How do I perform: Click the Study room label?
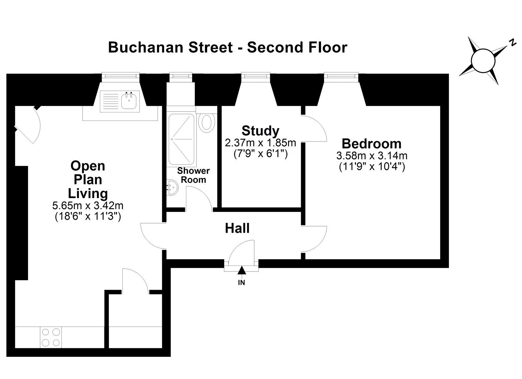260,131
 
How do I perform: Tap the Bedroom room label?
372,144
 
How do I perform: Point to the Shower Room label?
193,175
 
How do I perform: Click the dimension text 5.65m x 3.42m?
88,206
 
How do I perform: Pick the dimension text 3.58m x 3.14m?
372,156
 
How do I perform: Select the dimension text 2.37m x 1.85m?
260,143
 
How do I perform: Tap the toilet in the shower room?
207,123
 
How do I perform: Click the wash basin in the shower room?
173,187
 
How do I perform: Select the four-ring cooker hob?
51,337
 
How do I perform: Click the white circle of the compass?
483,61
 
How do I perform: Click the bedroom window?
341,75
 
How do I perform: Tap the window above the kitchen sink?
120,75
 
